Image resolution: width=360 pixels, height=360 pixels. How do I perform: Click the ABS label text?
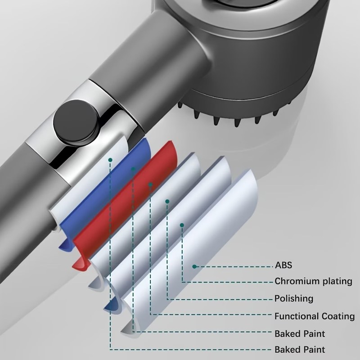point(283,266)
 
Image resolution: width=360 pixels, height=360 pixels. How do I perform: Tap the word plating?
point(335,282)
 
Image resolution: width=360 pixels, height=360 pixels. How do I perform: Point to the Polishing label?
point(294,299)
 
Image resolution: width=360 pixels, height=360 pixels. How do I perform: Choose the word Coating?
point(338,316)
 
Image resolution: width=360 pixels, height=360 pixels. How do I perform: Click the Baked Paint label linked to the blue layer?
point(300,334)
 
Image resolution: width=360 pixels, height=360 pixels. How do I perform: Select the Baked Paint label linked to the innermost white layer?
point(300,350)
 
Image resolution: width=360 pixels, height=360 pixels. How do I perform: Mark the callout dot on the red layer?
point(151,184)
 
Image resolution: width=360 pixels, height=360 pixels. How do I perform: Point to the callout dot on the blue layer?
point(133,169)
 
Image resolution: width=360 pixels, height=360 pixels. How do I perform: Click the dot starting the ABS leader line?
point(194,266)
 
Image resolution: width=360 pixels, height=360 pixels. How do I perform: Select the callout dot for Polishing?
point(167,201)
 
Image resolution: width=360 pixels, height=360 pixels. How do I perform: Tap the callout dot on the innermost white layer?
point(110,159)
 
